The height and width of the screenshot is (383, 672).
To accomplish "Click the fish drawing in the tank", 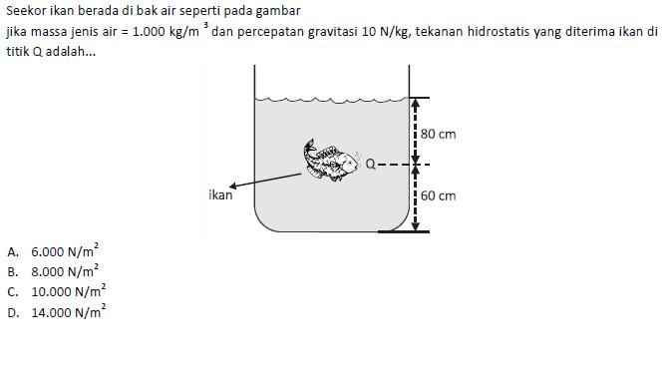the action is click(331, 160).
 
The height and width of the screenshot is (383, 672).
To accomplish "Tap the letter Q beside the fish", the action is click(370, 164).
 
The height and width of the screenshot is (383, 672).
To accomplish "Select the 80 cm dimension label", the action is click(438, 135).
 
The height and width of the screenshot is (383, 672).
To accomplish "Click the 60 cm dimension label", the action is click(438, 196).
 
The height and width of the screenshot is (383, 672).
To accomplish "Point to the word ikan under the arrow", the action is click(220, 195).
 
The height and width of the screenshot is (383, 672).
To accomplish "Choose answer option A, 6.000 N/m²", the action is click(53, 251).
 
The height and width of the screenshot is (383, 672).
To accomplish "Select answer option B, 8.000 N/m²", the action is click(53, 271).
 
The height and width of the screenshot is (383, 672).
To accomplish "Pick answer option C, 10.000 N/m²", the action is click(57, 291).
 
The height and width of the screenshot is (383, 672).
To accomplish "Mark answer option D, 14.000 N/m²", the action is click(57, 312).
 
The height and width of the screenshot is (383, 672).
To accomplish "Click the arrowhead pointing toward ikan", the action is click(232, 186).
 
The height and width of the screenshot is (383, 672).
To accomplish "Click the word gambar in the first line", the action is click(278, 11).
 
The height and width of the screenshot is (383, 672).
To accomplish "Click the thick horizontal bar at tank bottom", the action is click(404, 231).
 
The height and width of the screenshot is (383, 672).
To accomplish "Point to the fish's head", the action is click(349, 163).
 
